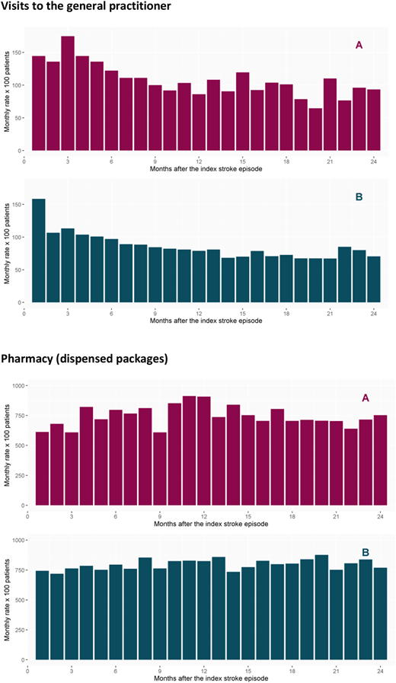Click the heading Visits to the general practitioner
[86, 6]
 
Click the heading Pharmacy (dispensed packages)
[84, 360]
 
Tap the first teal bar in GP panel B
[39, 251]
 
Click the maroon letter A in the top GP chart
[359, 45]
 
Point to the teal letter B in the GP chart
[359, 197]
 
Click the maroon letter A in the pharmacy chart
[366, 397]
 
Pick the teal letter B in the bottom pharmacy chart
[366, 552]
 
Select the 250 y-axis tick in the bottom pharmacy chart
[20, 630]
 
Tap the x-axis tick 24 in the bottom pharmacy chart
[380, 671]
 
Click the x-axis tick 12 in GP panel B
[199, 314]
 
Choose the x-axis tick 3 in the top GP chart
[68, 161]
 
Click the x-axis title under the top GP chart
[206, 169]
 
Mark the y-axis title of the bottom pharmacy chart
[8, 599]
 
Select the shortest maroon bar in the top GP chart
[315, 129]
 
